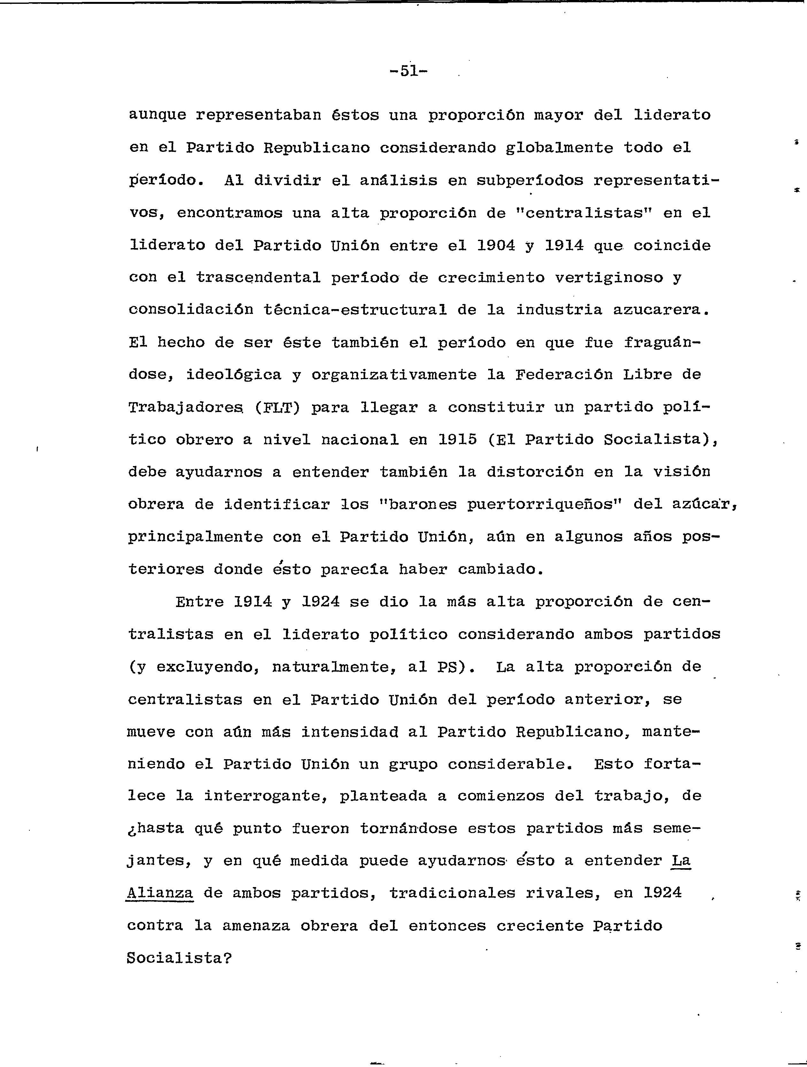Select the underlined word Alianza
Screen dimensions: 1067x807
(x=159, y=893)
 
